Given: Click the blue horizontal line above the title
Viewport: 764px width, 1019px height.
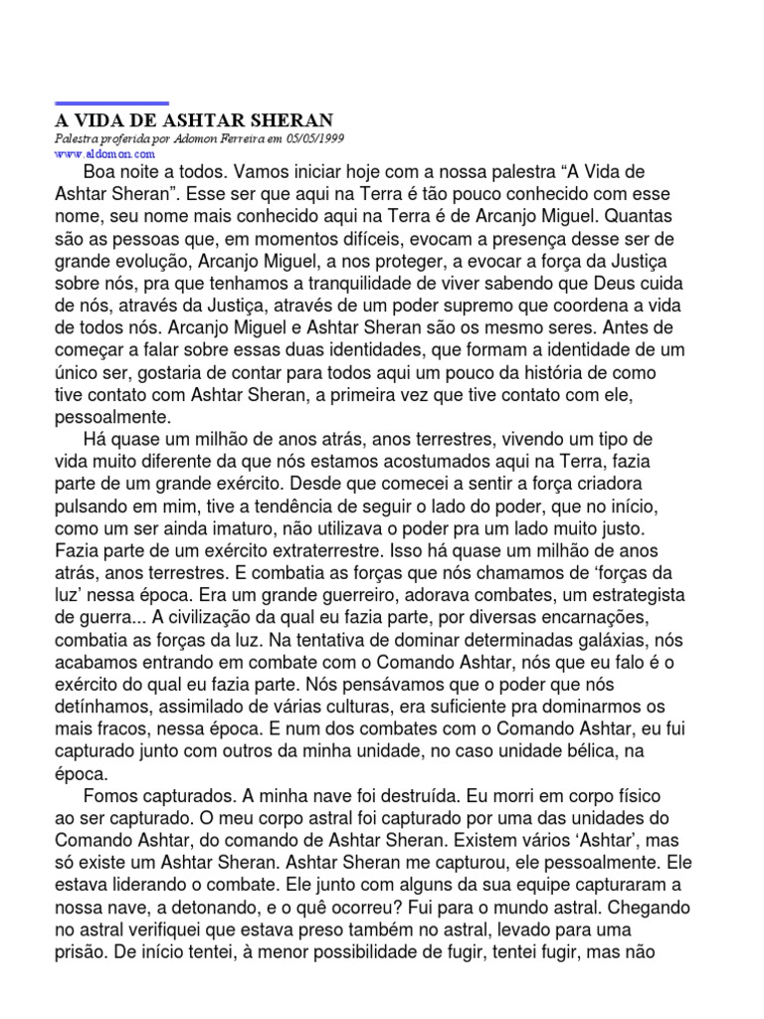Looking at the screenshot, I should (x=111, y=103).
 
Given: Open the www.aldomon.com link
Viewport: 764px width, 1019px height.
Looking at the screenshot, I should (x=104, y=155).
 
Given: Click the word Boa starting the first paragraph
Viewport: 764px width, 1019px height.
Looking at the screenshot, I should (x=102, y=172).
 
